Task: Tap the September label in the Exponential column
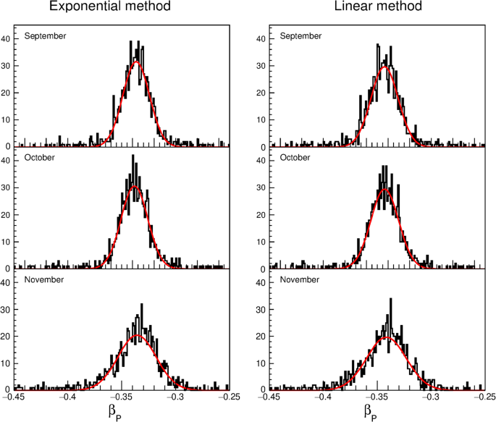point(46,35)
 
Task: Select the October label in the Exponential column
point(41,156)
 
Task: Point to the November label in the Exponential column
point(44,279)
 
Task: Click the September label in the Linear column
point(301,35)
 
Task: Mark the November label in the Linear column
point(300,279)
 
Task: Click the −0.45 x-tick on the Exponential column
point(13,397)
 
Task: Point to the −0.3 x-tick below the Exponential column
point(175,397)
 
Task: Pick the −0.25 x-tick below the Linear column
point(485,397)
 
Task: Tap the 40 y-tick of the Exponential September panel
point(6,38)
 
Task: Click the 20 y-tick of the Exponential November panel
point(6,336)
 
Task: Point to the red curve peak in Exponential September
point(136,62)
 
